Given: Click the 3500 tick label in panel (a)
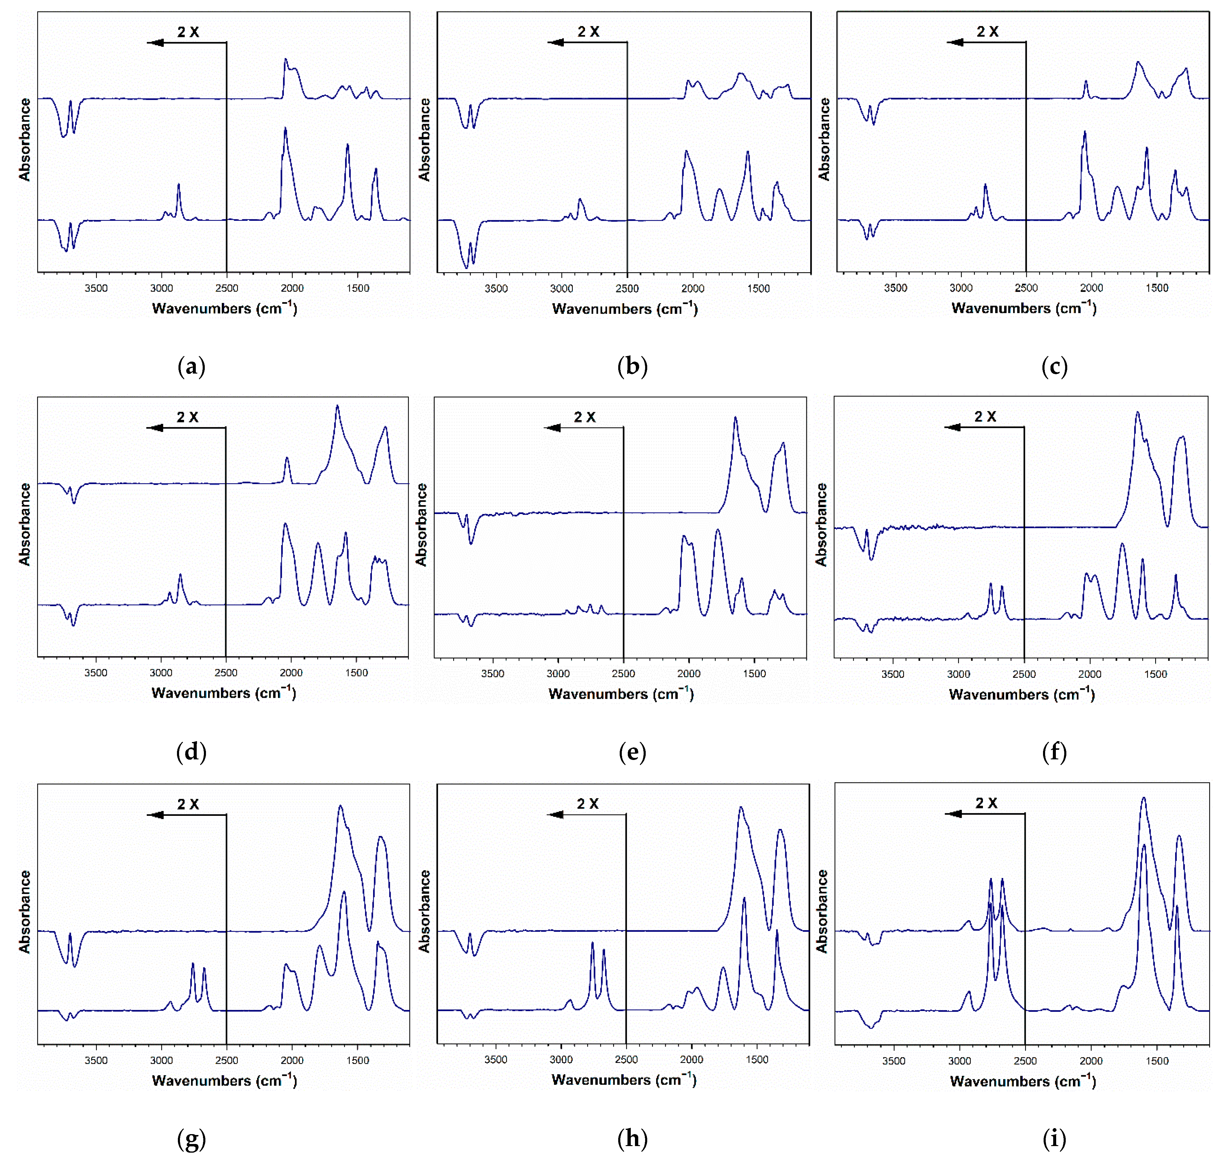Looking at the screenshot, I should (x=96, y=288).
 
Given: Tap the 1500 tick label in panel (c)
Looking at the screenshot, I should (x=1157, y=288).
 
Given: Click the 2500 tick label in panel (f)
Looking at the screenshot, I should (x=1024, y=674).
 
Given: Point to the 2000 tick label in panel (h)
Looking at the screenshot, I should (x=691, y=1060).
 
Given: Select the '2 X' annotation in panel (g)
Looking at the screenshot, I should (x=188, y=804).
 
